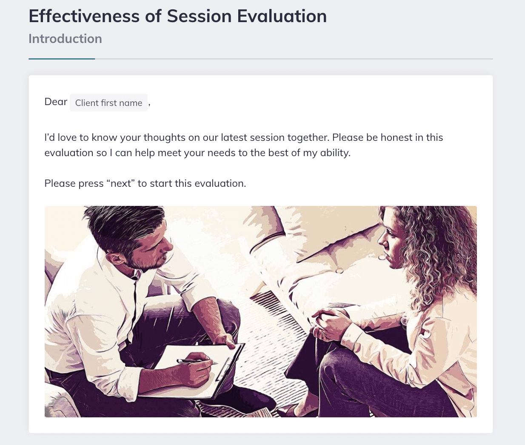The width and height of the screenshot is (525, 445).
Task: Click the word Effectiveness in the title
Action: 84,16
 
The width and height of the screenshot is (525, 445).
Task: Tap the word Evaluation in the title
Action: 282,16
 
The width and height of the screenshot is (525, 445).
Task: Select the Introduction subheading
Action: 65,39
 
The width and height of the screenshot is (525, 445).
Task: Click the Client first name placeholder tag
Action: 108,103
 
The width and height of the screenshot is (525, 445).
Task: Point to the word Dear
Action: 56,102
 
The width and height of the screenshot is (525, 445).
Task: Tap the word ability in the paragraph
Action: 335,153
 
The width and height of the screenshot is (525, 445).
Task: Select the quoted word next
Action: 120,184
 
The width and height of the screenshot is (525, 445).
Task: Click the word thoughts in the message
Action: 165,137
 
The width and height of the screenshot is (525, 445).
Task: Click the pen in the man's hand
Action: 194,361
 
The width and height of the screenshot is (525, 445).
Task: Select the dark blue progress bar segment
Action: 62,59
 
